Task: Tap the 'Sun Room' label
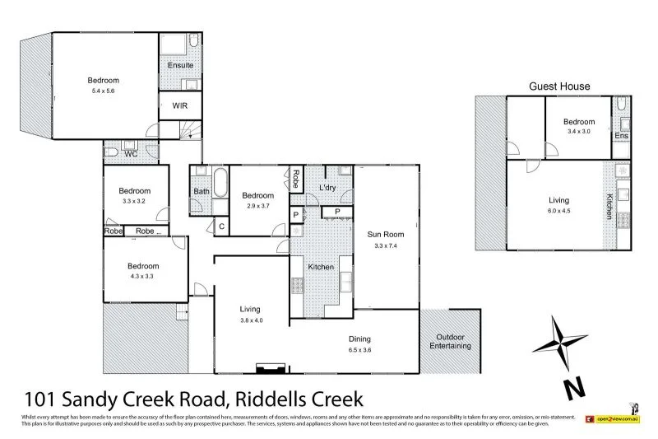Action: pos(385,234)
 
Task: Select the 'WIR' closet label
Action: pos(180,105)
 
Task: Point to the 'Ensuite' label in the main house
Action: pos(181,64)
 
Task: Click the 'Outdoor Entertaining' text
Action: pos(450,341)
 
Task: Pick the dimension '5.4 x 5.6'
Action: pos(104,91)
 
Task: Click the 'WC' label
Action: pos(130,154)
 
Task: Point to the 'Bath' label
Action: pos(202,192)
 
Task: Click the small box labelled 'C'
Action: pos(220,227)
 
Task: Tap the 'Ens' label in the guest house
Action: pos(622,135)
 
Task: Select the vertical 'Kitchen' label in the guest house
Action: pos(609,206)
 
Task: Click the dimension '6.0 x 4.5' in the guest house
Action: pos(559,210)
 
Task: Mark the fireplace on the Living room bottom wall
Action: pos(268,367)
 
